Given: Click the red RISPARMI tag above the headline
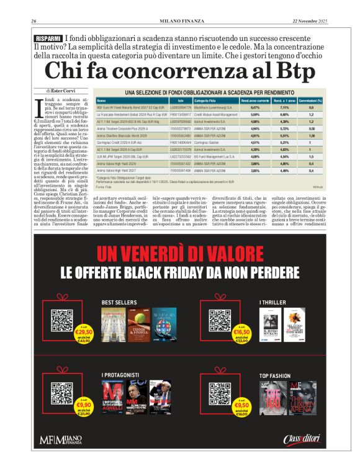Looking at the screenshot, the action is [x=48, y=38].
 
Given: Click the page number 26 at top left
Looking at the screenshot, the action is [x=35, y=21].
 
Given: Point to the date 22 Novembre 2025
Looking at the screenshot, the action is [x=309, y=21].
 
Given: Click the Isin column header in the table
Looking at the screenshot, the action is [x=180, y=100].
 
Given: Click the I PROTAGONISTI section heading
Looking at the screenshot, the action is [x=122, y=375].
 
